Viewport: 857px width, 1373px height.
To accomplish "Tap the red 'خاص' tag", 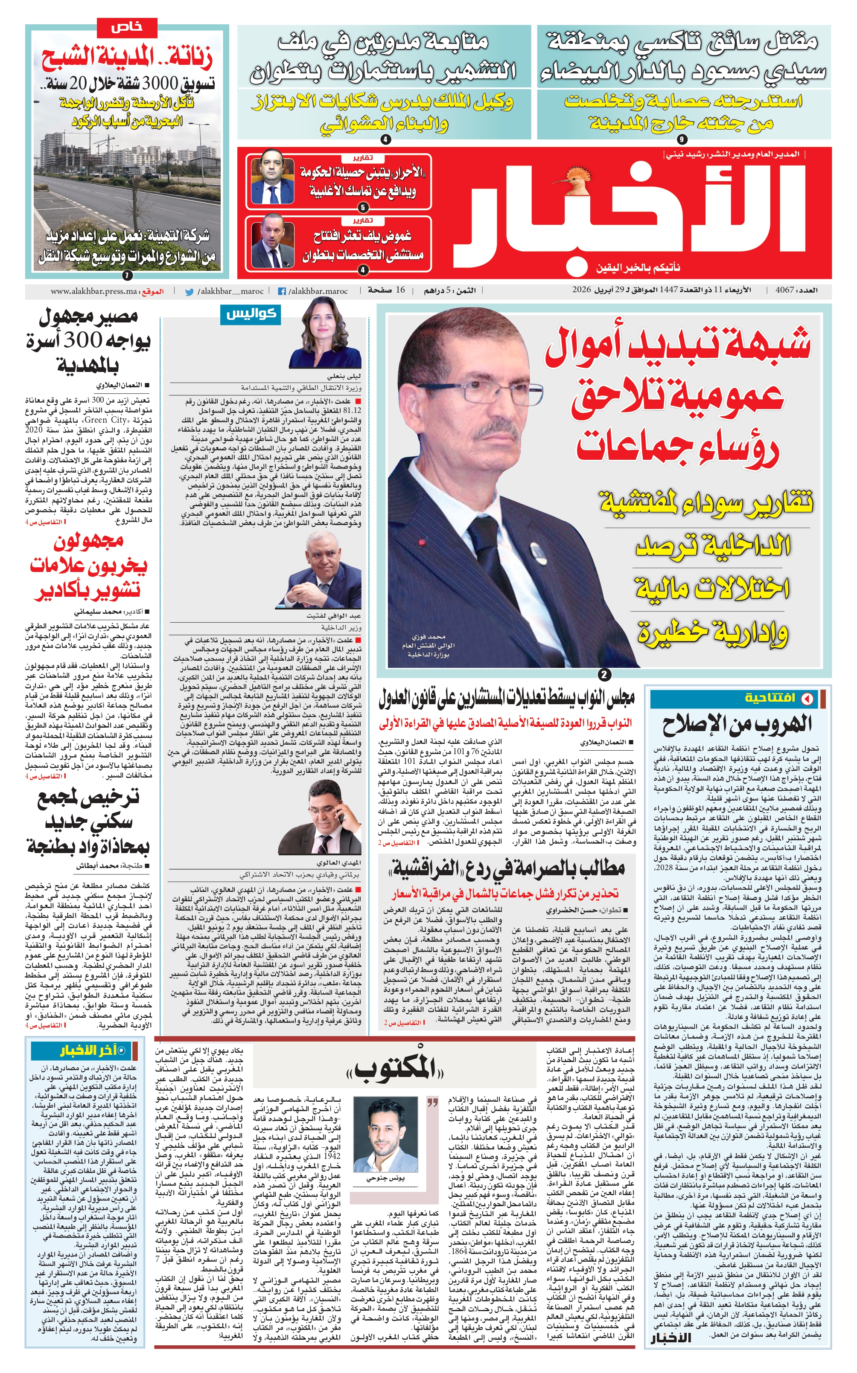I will (x=126, y=27).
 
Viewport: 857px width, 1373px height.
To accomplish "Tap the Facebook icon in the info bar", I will (x=282, y=292).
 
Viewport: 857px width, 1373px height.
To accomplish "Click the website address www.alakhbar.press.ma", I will (x=93, y=292).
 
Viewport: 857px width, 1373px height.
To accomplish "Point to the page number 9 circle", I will (x=682, y=139).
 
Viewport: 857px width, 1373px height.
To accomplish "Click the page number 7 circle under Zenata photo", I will (x=127, y=275).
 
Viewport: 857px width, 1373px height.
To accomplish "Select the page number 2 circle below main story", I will (x=604, y=674).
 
